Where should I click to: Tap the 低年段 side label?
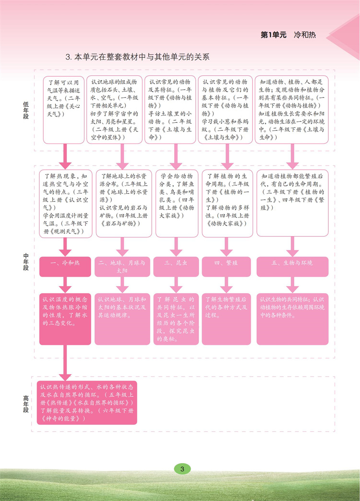(26, 109)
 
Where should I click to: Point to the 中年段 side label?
(26, 261)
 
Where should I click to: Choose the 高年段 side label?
(26, 404)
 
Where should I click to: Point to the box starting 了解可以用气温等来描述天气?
(64, 109)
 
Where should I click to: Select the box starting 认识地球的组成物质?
(116, 109)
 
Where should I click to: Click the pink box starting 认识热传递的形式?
(87, 402)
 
